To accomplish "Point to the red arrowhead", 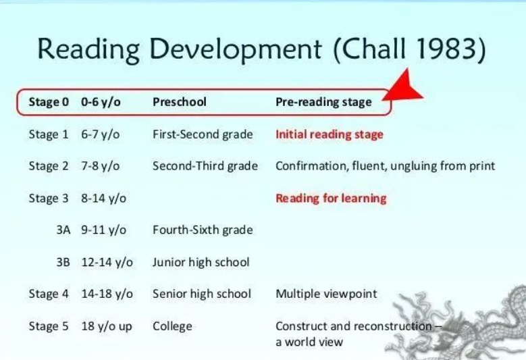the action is click(x=403, y=86).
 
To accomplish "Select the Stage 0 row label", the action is click(x=49, y=102).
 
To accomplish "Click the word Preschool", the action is click(x=180, y=102).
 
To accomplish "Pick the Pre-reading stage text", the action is click(x=323, y=102).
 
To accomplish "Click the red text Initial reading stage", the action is click(x=330, y=134).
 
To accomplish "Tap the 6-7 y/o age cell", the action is click(x=101, y=134).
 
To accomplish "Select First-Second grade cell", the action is click(x=203, y=134).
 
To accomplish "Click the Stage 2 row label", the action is click(x=49, y=166).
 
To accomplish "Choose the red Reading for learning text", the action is click(x=331, y=199).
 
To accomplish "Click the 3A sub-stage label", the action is click(x=63, y=230).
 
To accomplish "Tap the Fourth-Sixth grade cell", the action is click(x=203, y=230).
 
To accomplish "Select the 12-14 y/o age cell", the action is click(x=107, y=262).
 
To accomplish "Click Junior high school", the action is click(x=201, y=262).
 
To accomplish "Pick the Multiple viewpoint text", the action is click(x=326, y=294).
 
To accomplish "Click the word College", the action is click(x=172, y=326).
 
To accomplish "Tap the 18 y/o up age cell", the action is click(x=107, y=326).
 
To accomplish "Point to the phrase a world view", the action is click(x=309, y=342).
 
